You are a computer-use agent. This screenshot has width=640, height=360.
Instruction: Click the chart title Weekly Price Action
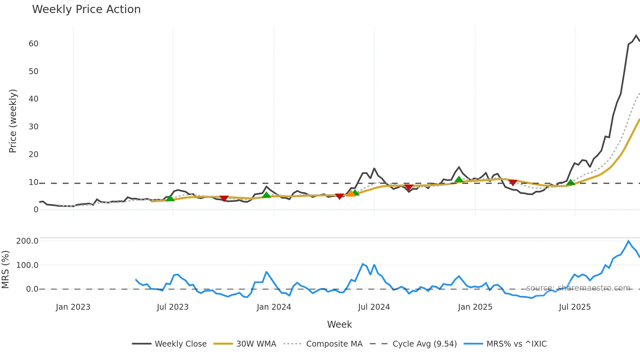click(x=86, y=9)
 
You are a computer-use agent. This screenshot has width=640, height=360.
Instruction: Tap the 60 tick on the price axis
click(x=33, y=44)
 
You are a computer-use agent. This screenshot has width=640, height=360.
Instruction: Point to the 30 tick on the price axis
click(x=33, y=127)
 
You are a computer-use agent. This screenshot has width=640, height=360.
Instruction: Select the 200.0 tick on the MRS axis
click(x=27, y=241)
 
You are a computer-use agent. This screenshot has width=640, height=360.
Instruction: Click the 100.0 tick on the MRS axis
click(x=27, y=265)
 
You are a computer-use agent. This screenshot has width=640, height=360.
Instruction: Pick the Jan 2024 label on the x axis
click(x=274, y=307)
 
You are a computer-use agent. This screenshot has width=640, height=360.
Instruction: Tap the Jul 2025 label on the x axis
click(x=575, y=307)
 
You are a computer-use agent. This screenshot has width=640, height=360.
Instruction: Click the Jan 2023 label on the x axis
click(x=73, y=307)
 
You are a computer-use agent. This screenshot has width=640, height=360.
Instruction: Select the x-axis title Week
click(x=339, y=324)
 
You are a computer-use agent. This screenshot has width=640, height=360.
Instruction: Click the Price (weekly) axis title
click(x=13, y=121)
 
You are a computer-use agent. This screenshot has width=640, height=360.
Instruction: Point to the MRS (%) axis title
click(x=5, y=270)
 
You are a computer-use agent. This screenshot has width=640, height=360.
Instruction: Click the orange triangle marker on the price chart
click(x=351, y=194)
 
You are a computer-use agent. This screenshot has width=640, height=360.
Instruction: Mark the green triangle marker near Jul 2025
click(x=570, y=182)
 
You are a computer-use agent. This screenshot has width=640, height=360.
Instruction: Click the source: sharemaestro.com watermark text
click(x=578, y=288)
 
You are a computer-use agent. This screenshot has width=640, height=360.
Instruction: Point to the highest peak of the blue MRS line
click(x=628, y=241)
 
